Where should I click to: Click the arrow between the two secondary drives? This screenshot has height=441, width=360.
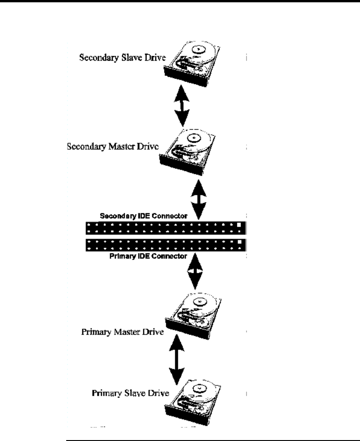point(183,105)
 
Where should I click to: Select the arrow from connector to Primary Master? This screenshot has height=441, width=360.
point(196,271)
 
